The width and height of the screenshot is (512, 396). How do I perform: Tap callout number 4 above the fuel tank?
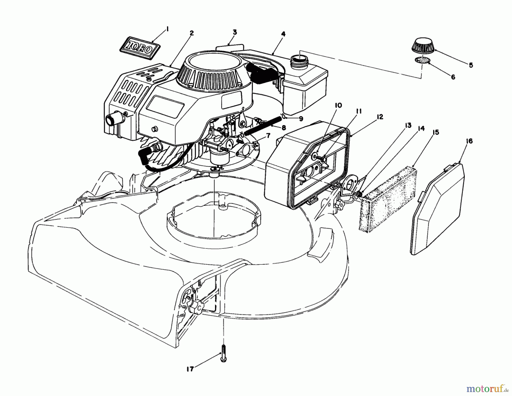pos(283,34)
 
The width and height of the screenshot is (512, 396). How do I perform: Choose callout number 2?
pos(192,33)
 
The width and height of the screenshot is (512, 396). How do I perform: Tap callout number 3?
pos(234,32)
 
